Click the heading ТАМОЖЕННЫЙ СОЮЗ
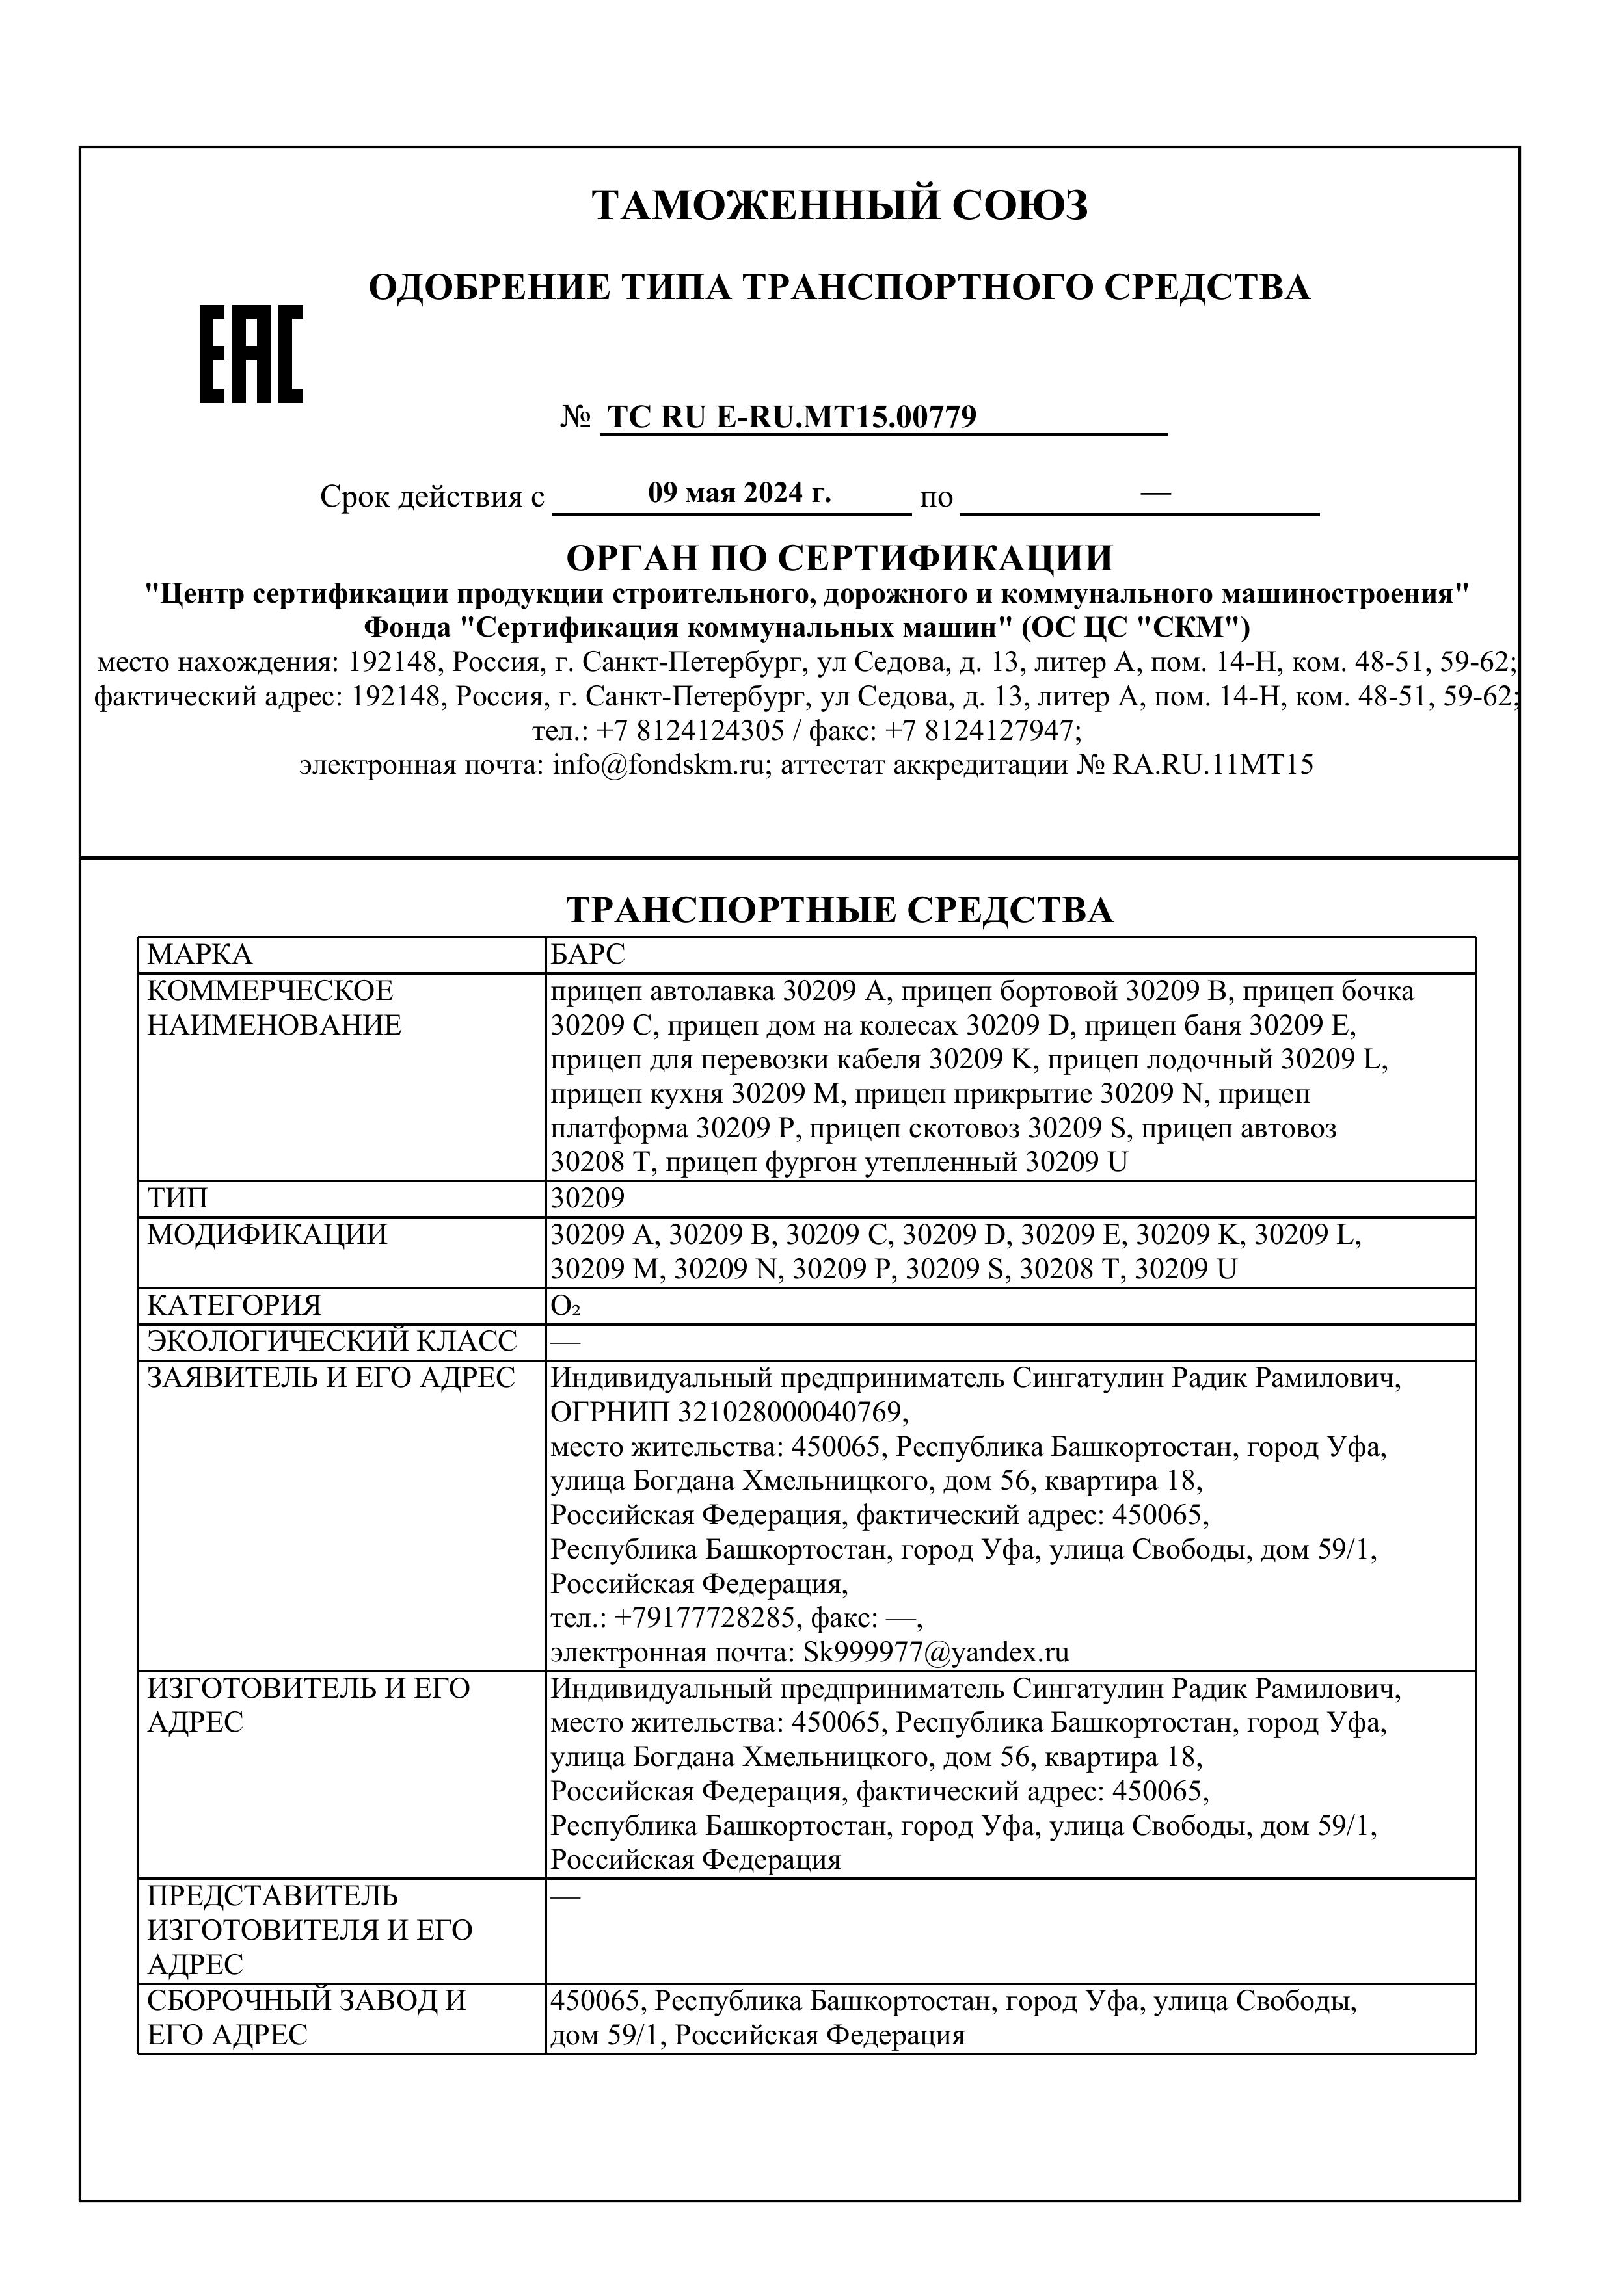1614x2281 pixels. (x=840, y=205)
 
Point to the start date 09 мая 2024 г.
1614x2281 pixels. (x=738, y=493)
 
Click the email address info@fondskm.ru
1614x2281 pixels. (x=658, y=765)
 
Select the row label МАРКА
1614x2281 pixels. (x=200, y=956)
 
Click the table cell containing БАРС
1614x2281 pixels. (x=588, y=956)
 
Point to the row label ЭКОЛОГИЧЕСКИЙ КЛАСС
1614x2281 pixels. (x=332, y=1341)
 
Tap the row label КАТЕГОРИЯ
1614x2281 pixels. (x=235, y=1306)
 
